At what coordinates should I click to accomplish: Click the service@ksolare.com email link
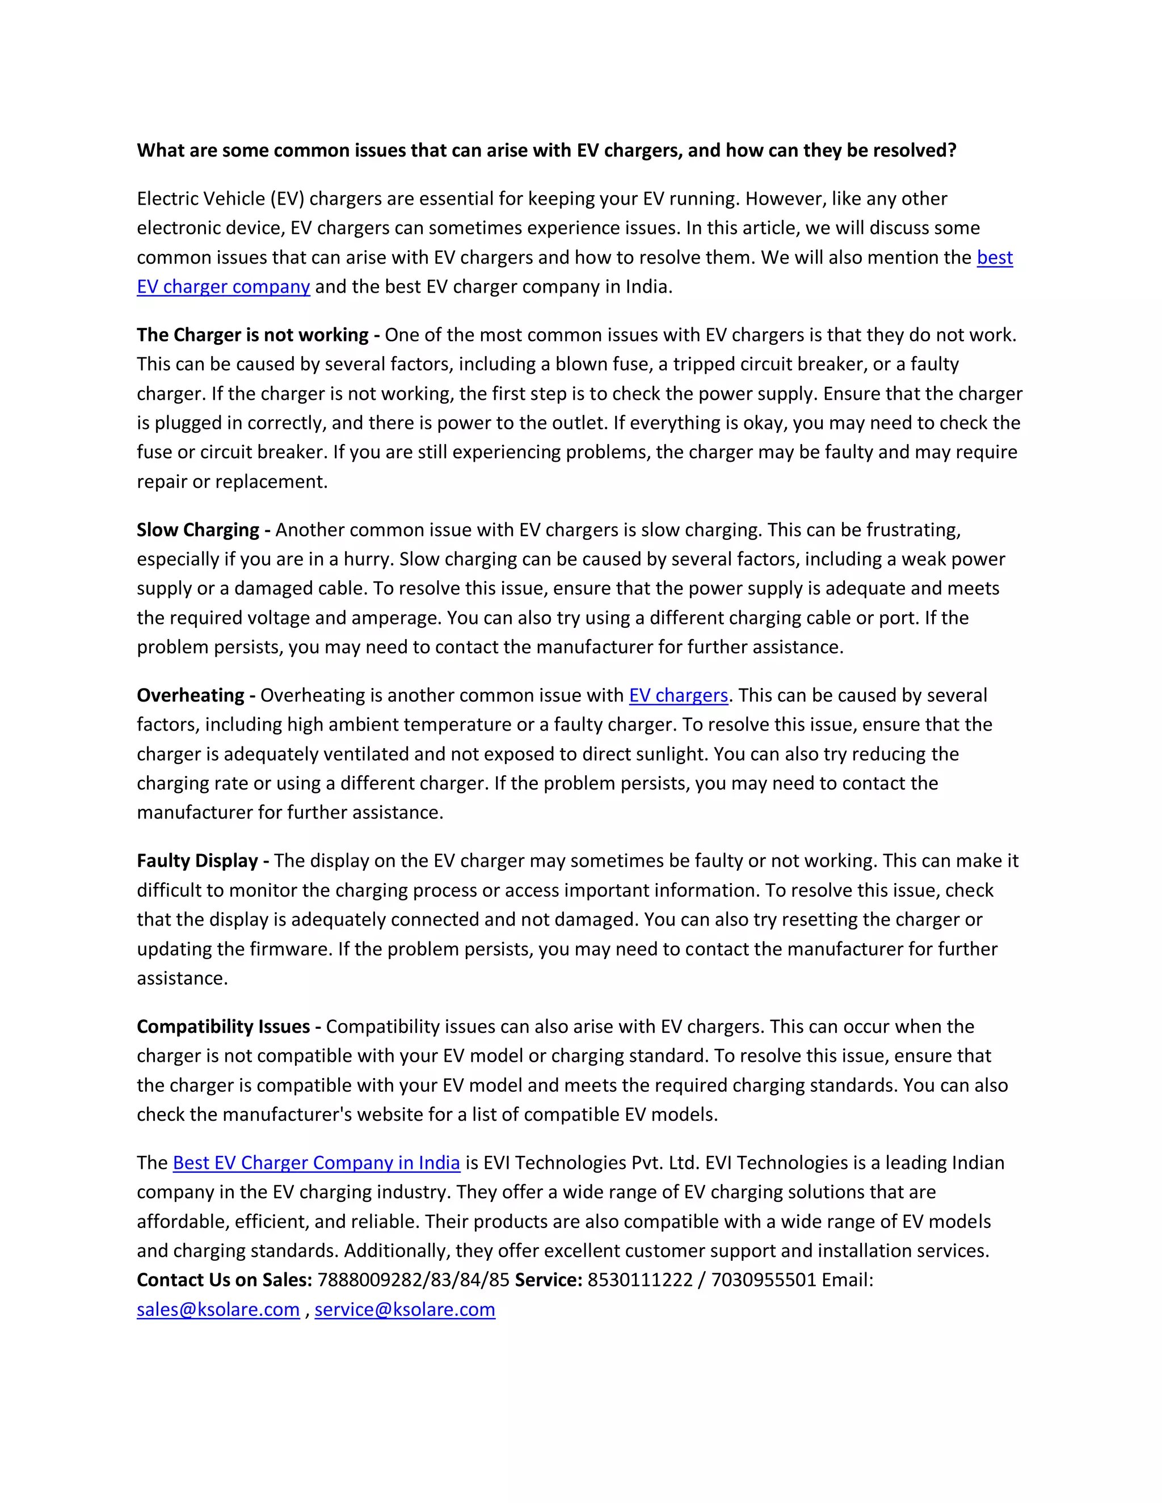tap(405, 1309)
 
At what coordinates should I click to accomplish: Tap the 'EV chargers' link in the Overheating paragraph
tap(678, 695)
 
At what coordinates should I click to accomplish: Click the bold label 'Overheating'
tap(191, 695)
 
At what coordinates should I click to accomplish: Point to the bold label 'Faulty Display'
tap(197, 860)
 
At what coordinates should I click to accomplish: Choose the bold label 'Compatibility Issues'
tap(223, 1026)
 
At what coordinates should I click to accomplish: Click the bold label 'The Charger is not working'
tap(252, 335)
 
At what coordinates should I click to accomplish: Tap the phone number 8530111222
tap(639, 1280)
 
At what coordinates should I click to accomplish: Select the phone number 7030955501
tap(763, 1280)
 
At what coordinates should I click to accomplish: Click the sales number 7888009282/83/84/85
tap(413, 1280)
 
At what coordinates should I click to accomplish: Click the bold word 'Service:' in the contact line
tap(549, 1280)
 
